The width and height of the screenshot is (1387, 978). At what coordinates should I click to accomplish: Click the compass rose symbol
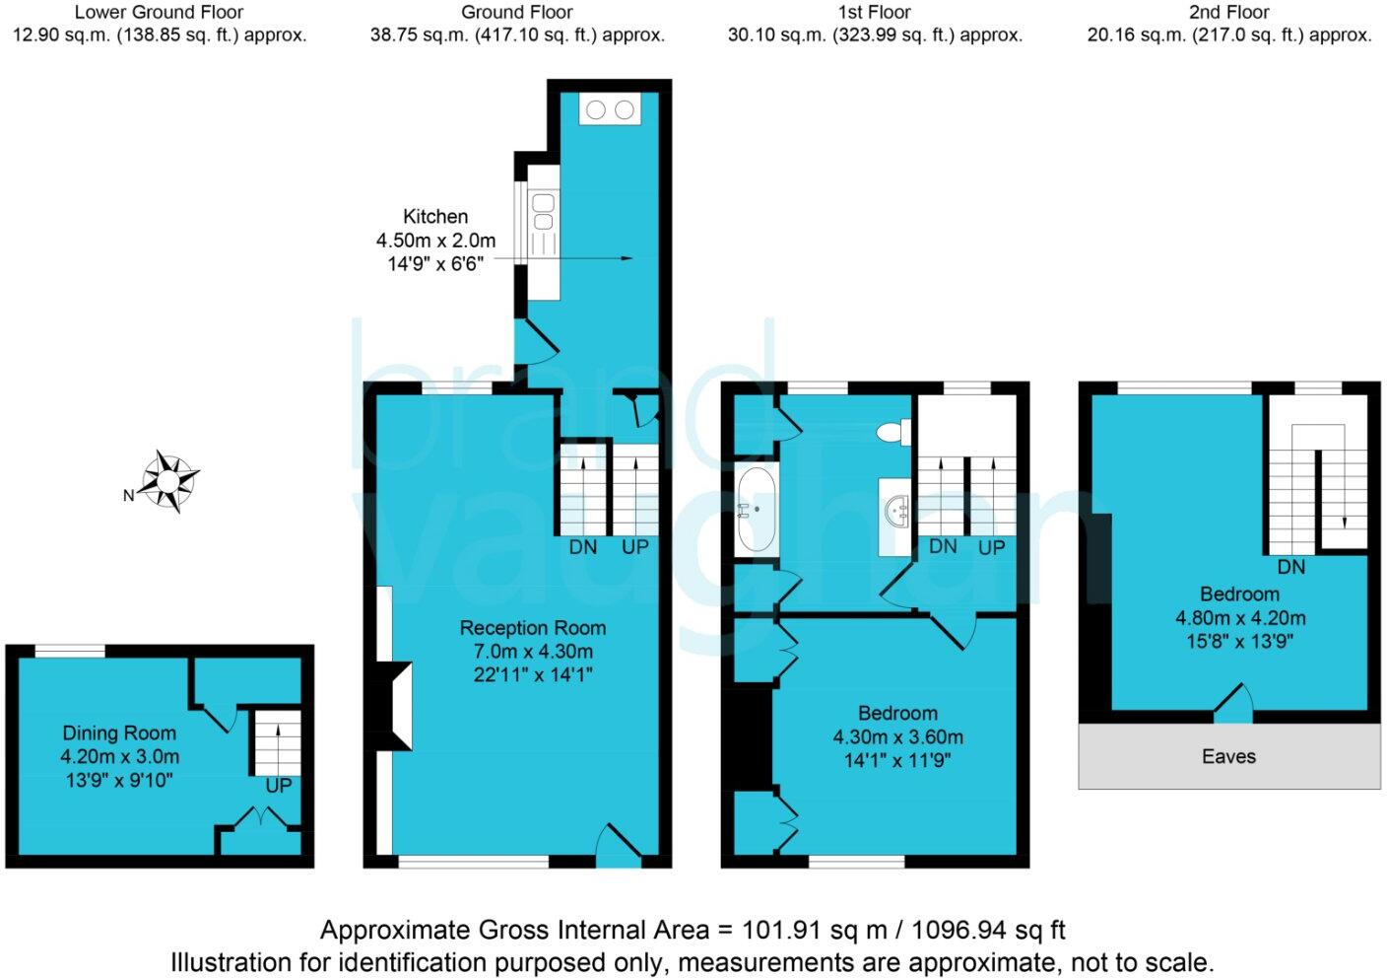coord(169,481)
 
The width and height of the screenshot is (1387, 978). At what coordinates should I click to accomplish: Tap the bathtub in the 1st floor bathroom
coord(756,510)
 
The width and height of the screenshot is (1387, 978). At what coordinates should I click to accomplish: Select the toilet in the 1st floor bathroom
coord(894,432)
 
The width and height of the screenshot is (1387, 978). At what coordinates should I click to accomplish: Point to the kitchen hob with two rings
coord(610,109)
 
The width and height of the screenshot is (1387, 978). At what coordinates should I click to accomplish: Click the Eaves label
coord(1228,756)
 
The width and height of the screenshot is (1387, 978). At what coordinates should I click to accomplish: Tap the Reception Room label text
coord(532,628)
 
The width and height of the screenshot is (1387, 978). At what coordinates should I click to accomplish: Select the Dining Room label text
coord(119,733)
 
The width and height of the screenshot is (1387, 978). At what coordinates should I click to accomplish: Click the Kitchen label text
coord(435,216)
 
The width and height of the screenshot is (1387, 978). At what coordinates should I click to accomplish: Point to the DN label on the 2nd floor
coord(1290,567)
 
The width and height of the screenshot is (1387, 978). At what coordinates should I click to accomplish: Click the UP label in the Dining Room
coord(278,786)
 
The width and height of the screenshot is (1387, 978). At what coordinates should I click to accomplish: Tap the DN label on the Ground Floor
coord(583,546)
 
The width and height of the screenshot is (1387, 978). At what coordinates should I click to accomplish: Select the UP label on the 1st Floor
coord(991,547)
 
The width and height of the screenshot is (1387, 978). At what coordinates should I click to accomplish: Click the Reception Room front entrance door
coord(619,848)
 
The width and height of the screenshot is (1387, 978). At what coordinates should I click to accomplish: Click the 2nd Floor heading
coord(1228,12)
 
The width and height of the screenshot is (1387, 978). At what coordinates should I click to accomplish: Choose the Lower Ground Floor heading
coord(159,12)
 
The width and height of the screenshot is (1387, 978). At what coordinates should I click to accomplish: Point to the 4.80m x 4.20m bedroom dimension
coord(1240,618)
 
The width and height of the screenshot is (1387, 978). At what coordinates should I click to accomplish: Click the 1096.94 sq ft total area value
coord(988,930)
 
